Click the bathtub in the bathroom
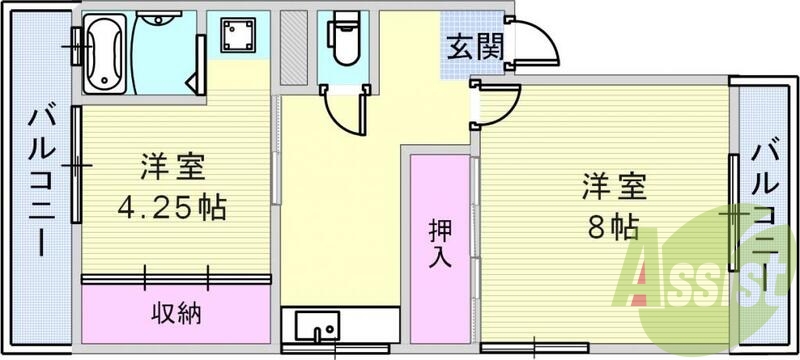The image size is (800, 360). (104, 50)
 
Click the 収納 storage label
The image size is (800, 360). (177, 313)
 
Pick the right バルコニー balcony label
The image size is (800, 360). (766, 220)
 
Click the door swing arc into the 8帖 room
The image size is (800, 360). (500, 105)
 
